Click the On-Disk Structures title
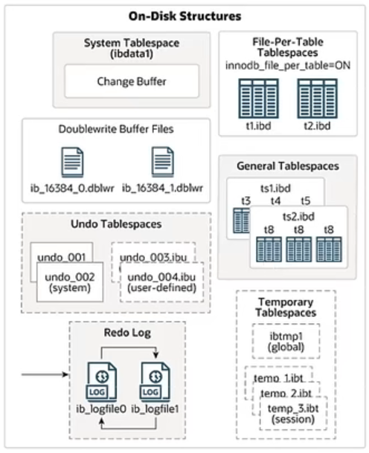184,16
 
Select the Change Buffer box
132,81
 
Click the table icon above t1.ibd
258,99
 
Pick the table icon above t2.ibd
318,99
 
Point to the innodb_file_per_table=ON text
288,65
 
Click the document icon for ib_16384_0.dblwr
72,162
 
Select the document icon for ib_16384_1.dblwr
163,162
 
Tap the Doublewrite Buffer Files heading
116,129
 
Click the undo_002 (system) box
70,282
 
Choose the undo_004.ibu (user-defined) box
161,282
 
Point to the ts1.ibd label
275,189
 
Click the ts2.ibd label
298,217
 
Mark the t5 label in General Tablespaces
306,201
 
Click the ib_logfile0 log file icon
102,382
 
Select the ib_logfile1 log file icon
155,382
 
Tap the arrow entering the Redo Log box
45,375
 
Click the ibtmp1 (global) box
286,341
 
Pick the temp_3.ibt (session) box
293,414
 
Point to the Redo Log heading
127,333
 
